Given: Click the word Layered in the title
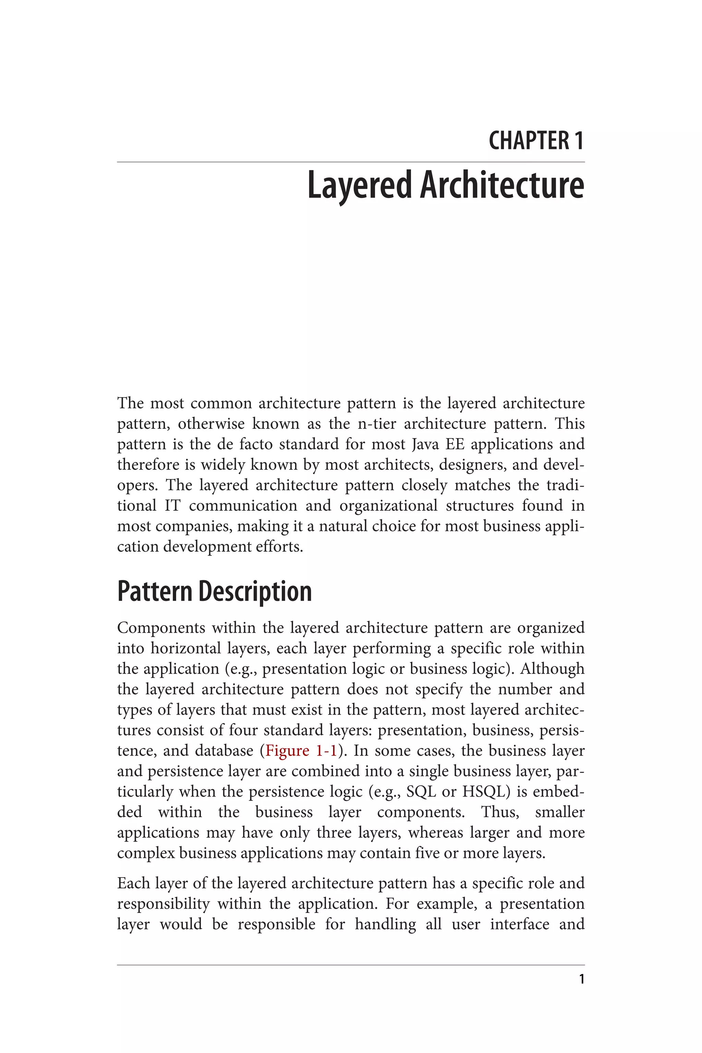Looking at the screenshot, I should [359, 185].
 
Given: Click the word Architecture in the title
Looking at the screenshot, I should [502, 185].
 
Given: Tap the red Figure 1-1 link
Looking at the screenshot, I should [301, 751].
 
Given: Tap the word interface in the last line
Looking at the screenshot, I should [519, 924].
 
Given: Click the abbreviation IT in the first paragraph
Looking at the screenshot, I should [172, 506].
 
